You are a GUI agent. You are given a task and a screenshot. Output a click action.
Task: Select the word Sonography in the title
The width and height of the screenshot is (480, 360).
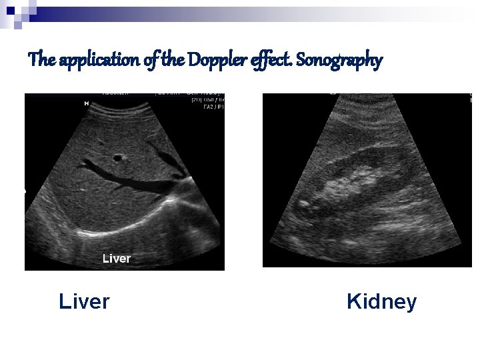coord(339,61)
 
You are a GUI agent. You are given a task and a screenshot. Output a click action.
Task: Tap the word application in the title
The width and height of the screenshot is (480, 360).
coord(99,61)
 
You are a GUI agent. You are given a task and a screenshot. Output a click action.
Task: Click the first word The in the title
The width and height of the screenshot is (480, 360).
coord(42,61)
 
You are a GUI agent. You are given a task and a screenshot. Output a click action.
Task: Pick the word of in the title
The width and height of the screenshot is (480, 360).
coord(151,61)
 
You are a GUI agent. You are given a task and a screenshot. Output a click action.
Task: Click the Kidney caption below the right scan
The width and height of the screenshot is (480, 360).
coord(381,302)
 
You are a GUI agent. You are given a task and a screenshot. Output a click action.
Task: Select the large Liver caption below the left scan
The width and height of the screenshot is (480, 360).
coord(84,302)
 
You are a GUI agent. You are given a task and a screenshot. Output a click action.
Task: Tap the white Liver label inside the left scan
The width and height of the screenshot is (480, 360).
coord(116,258)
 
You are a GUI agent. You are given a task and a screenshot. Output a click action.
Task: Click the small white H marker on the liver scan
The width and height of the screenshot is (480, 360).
coord(86,104)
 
